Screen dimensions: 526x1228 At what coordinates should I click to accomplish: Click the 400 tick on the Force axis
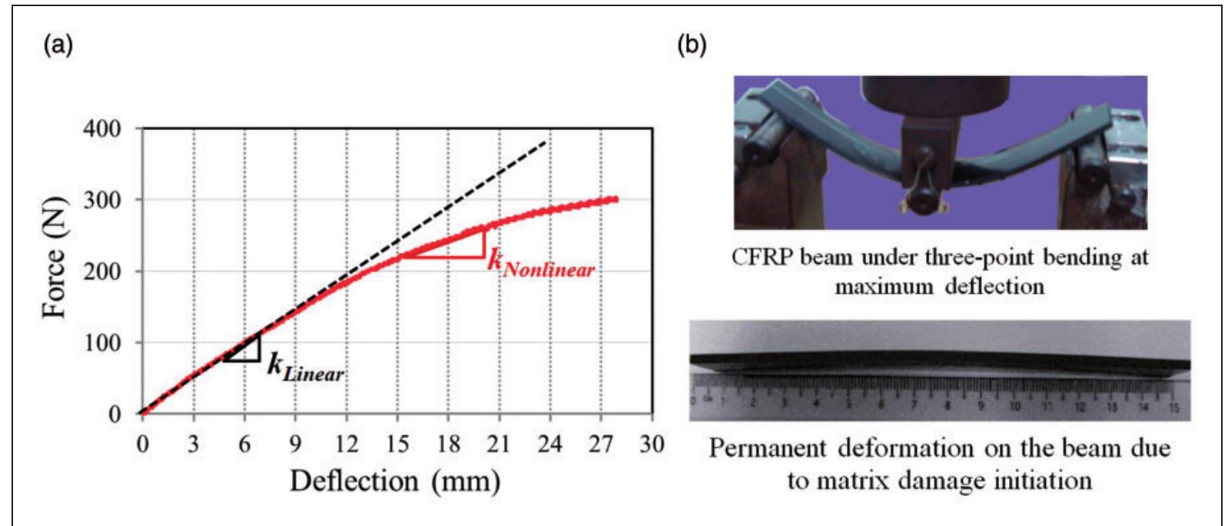pos(102,128)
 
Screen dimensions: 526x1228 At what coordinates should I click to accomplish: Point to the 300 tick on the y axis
pos(102,200)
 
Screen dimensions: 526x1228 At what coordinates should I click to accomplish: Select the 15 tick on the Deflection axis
pos(397,444)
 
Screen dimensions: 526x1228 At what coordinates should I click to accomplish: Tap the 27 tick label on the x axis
pos(601,444)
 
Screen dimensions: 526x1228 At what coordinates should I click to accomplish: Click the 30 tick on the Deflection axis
pos(652,444)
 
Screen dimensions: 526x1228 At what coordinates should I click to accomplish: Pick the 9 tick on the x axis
pos(295,444)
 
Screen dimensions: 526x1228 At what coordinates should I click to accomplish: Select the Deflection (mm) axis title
pos(395,481)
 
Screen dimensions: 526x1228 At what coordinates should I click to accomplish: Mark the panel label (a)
pos(58,45)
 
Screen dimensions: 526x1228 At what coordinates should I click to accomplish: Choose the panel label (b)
pos(691,45)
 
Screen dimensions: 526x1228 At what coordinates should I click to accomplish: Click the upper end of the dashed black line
pos(546,141)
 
